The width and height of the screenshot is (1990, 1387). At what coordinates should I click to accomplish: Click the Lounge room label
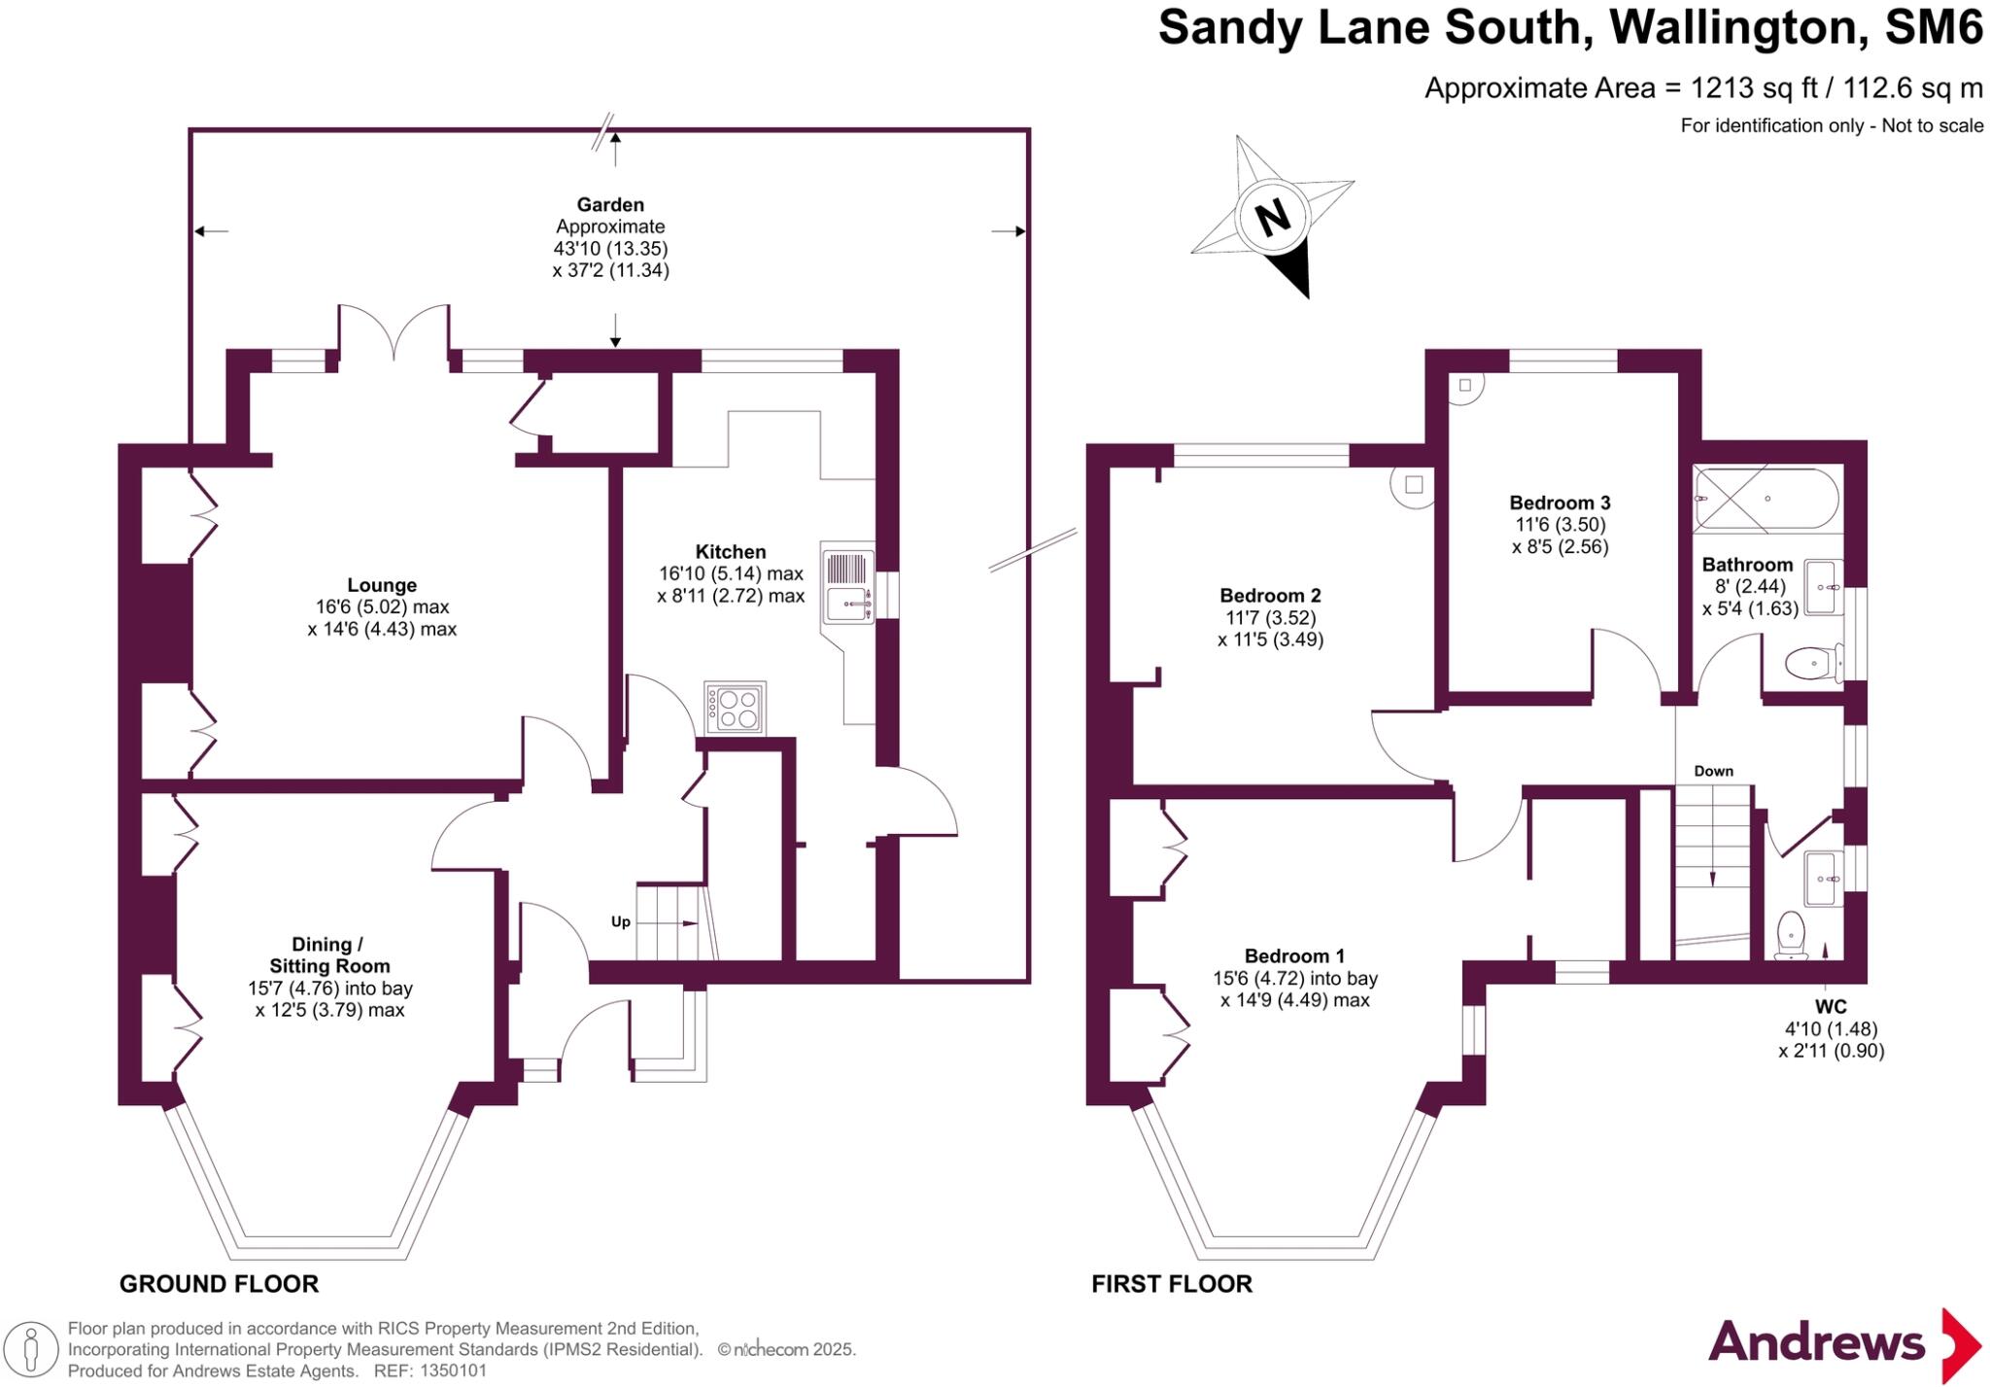tap(382, 585)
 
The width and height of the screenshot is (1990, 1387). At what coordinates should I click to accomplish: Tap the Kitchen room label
tap(731, 551)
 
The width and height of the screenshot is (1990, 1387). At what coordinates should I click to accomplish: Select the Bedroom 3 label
tap(1560, 503)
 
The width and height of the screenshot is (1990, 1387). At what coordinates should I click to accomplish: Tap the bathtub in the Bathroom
tap(1767, 498)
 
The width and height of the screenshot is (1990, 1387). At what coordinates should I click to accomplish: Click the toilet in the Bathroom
tap(1811, 665)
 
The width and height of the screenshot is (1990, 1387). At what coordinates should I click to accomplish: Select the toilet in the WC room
tap(1790, 933)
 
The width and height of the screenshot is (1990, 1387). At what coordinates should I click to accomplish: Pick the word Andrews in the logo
tap(1816, 1342)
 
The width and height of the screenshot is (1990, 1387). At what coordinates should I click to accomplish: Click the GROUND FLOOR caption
tap(219, 1284)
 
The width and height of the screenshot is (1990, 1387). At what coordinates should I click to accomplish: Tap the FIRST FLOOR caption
tap(1172, 1284)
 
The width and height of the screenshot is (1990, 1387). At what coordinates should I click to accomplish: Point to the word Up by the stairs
tap(620, 921)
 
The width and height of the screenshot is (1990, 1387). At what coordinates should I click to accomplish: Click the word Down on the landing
tap(1713, 771)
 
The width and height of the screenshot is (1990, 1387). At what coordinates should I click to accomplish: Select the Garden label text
tap(610, 204)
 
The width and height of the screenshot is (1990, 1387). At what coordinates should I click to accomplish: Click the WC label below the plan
tap(1831, 1007)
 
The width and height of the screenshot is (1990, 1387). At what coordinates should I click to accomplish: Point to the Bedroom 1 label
tap(1294, 955)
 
